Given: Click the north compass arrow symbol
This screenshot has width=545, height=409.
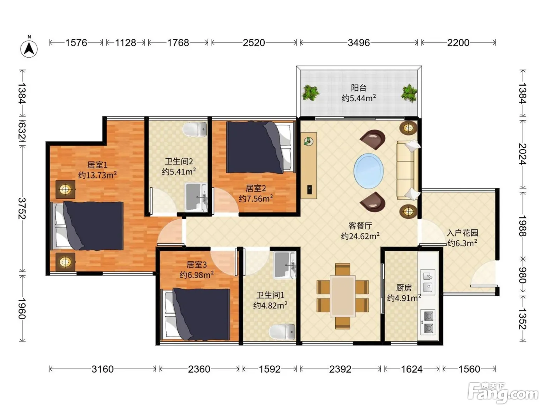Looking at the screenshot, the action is [x=29, y=48].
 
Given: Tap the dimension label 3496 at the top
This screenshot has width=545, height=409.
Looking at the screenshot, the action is [x=359, y=43].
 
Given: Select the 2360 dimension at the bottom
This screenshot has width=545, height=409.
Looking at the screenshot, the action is [x=199, y=369].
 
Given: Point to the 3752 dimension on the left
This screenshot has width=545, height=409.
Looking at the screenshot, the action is [x=22, y=209].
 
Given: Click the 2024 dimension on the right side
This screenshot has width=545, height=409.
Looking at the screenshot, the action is [x=523, y=154].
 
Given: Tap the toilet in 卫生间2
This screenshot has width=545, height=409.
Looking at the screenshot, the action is [x=195, y=129].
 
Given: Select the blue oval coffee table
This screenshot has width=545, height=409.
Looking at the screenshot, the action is [x=369, y=171].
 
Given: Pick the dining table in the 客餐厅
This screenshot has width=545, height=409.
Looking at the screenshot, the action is [x=343, y=296].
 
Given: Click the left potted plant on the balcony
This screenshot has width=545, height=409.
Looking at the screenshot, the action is [x=310, y=92].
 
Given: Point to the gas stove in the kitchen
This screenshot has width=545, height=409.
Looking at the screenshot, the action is [x=427, y=322].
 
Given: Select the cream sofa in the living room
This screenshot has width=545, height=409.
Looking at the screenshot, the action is [x=407, y=170].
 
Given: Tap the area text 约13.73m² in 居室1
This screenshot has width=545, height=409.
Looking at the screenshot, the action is [x=97, y=175].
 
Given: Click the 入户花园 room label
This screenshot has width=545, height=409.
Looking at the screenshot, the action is [x=462, y=233].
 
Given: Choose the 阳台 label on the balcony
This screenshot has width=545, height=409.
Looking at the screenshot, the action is [x=359, y=88].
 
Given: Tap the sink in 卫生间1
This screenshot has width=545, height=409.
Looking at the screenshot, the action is [x=284, y=265].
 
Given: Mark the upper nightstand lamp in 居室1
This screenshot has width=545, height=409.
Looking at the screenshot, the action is [x=65, y=189].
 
